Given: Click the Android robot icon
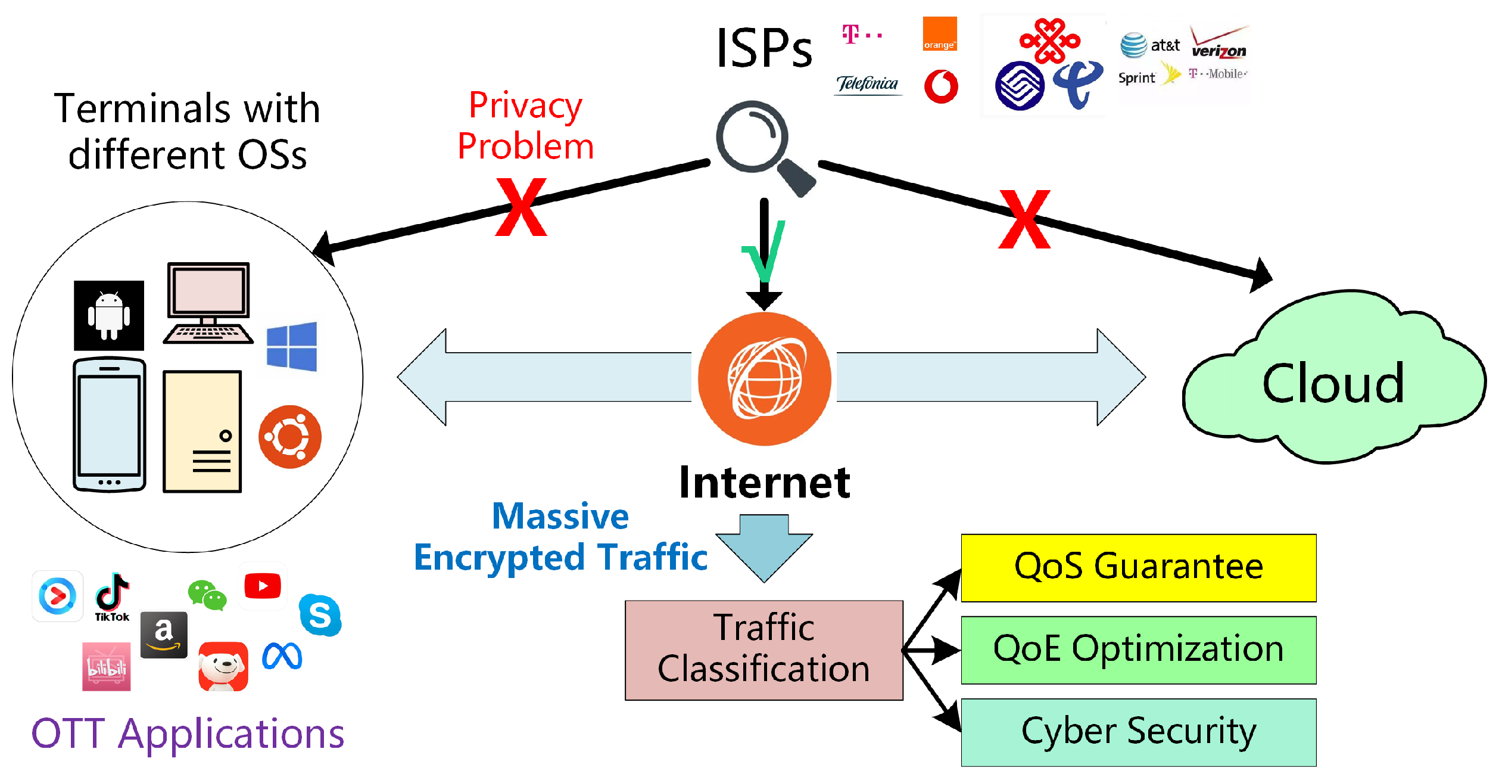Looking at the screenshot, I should coord(109,315).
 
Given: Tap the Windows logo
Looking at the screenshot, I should coord(292,346).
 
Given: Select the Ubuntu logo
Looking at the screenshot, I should coord(290,436).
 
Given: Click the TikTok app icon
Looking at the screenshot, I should coord(112,596).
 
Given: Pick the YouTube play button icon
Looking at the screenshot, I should coord(263,586).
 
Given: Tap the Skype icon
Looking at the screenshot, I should coord(320,614).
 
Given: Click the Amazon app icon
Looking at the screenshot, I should coord(164,635).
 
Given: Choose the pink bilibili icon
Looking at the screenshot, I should coord(107,666).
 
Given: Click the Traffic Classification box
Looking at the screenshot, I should coord(763,650).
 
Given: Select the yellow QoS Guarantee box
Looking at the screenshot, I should coord(1138,568).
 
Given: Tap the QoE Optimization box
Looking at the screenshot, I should coord(1138,650).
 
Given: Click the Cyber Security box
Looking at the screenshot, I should coord(1138,732).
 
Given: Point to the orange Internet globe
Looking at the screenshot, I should coord(765,379).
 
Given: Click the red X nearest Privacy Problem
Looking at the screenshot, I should coord(521,207).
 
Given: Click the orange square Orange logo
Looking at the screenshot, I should coord(940,34).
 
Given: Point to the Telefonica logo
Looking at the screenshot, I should coord(868,84).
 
